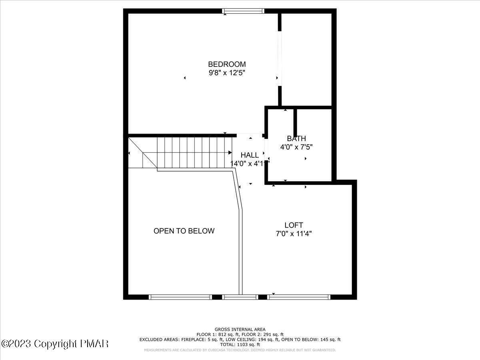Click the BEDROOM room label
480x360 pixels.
pos(227,64)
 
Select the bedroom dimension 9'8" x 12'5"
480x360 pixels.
pos(227,73)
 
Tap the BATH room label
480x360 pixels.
pos(296,138)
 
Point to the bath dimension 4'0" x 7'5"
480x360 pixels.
pos(296,147)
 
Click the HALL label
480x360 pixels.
pos(249,155)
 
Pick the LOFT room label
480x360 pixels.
pos(294,225)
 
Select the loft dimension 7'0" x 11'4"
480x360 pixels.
pos(294,234)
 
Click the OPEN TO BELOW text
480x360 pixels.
pos(184,231)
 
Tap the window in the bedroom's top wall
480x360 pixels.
pos(243,11)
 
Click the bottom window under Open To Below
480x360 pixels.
pos(180,297)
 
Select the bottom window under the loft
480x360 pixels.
pos(299,297)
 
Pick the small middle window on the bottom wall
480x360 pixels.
pos(240,297)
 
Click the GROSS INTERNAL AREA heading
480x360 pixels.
pos(240,329)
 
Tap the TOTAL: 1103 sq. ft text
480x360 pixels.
pos(240,344)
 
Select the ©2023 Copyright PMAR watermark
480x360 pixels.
pos(55,344)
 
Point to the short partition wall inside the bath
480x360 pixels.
pos(295,122)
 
